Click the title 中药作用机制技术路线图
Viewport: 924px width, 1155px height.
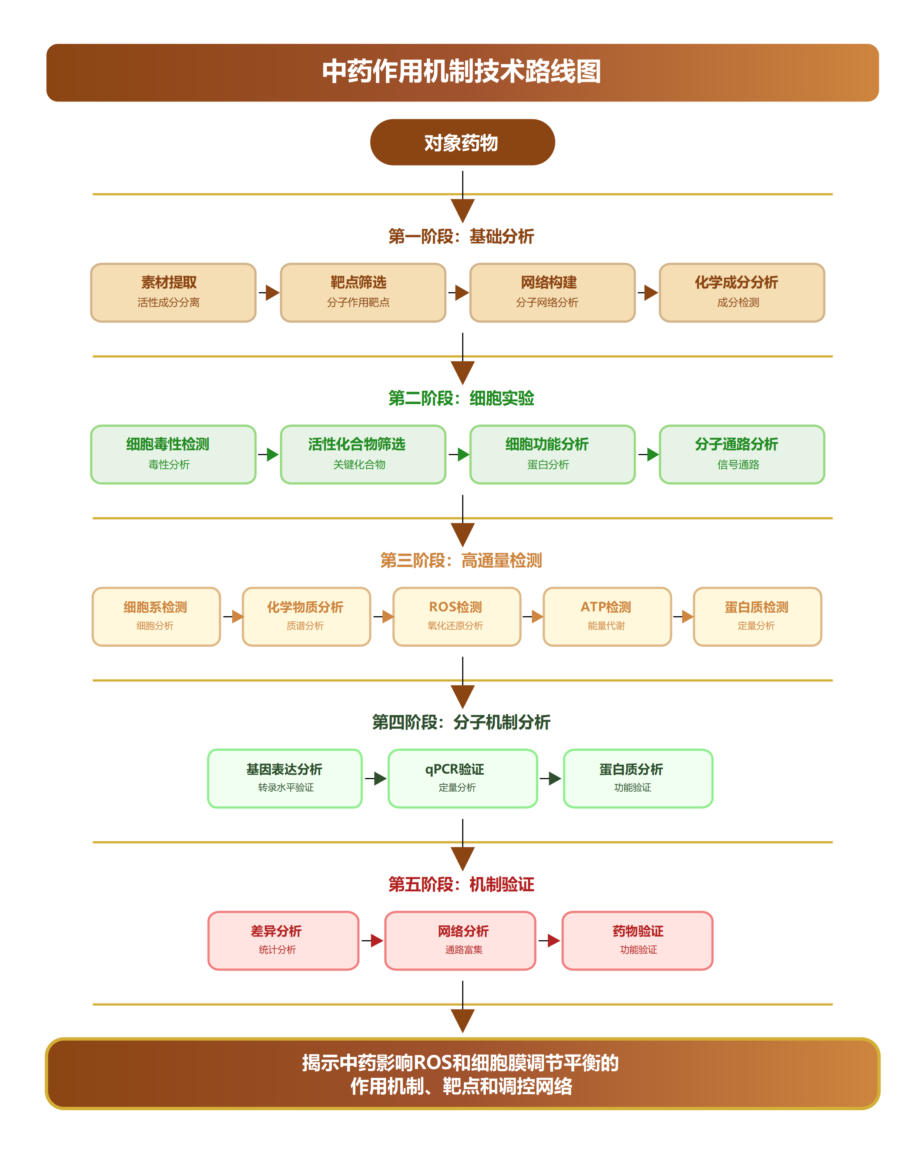(461, 72)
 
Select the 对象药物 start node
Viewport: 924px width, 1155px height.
(461, 143)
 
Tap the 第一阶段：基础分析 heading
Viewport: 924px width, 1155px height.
(461, 236)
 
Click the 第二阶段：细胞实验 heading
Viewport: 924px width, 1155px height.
(461, 398)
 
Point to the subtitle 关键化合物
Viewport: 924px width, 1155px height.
(359, 464)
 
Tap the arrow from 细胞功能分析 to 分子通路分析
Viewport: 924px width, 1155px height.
(648, 454)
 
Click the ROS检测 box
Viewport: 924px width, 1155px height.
(457, 616)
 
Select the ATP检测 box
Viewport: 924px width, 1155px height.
(607, 616)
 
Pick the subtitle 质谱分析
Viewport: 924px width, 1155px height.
(305, 626)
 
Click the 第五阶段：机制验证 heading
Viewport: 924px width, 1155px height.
(461, 884)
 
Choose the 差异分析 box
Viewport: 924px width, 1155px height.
(283, 940)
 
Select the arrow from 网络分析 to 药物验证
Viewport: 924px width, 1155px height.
(549, 940)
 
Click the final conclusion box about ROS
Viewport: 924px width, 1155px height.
(461, 1074)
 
